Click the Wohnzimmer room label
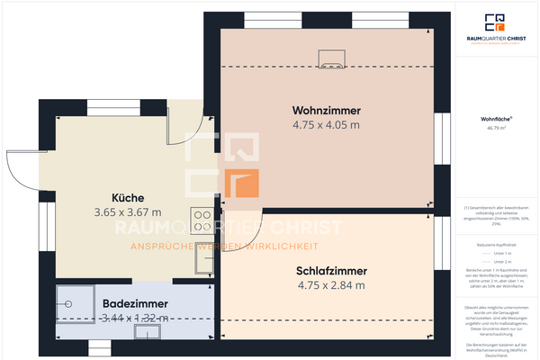point(326,110)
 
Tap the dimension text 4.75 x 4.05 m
point(326,125)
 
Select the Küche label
point(128,198)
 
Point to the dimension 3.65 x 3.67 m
point(128,213)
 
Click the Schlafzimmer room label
point(331,270)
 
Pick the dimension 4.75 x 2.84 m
point(331,285)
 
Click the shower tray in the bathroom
point(75,304)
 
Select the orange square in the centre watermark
point(244,184)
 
